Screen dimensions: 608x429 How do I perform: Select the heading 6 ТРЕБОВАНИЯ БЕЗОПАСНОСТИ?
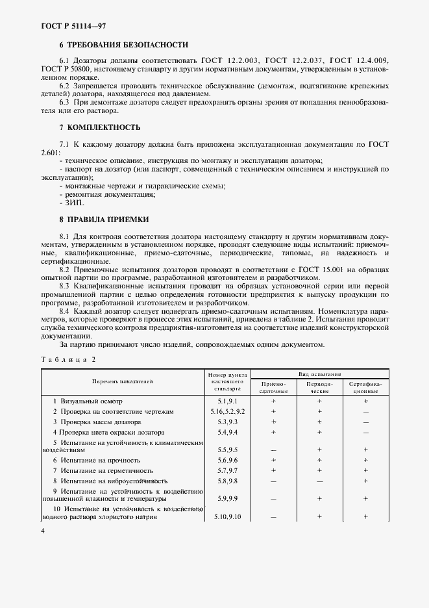[123, 45]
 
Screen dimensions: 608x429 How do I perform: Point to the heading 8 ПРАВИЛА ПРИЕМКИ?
[104, 220]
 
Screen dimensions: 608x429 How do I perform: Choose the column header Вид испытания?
[320, 374]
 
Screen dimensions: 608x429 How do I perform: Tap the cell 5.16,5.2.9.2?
[227, 412]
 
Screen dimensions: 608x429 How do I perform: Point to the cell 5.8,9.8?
[227, 480]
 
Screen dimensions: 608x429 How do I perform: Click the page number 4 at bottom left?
[42, 531]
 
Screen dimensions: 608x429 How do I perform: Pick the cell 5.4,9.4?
[227, 432]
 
